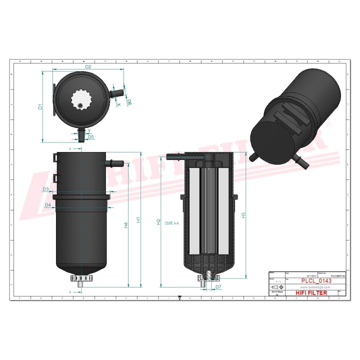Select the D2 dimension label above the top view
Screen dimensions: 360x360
tap(88, 66)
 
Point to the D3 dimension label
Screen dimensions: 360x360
tap(45, 189)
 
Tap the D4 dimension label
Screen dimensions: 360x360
tap(48, 205)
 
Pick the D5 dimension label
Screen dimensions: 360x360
tap(90, 136)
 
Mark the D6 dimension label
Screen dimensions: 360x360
tap(129, 102)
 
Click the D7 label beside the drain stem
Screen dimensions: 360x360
tap(218, 287)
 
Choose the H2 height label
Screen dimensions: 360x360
tap(158, 221)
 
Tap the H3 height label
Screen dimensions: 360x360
tap(243, 215)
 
